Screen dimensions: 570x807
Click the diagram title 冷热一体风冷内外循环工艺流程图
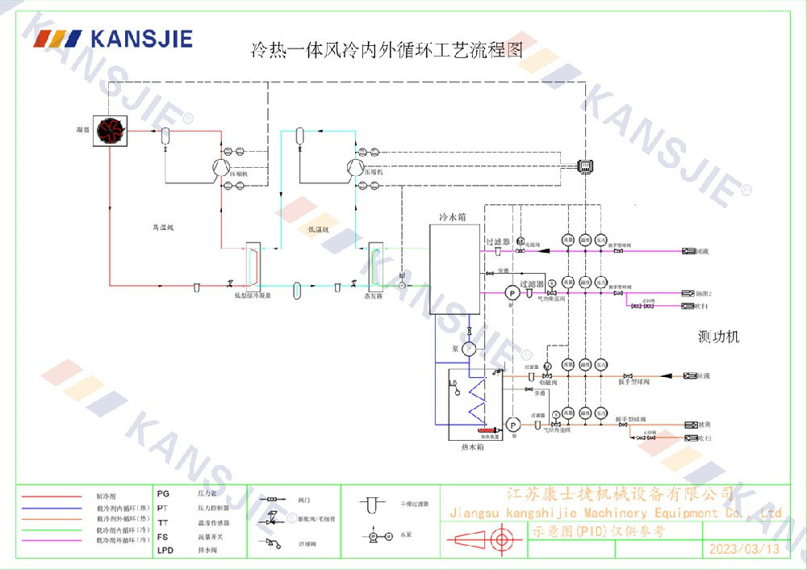(x=387, y=50)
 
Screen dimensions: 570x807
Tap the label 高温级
(x=163, y=228)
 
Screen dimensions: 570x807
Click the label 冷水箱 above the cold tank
(x=452, y=217)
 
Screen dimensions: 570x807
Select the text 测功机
(x=718, y=337)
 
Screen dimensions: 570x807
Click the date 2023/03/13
(x=744, y=549)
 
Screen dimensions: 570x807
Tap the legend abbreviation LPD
(x=165, y=550)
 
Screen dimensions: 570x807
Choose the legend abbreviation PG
(x=163, y=492)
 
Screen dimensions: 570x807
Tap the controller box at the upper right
(x=585, y=166)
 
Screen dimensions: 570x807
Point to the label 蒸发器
(x=375, y=296)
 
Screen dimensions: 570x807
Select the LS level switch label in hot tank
(x=454, y=383)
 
